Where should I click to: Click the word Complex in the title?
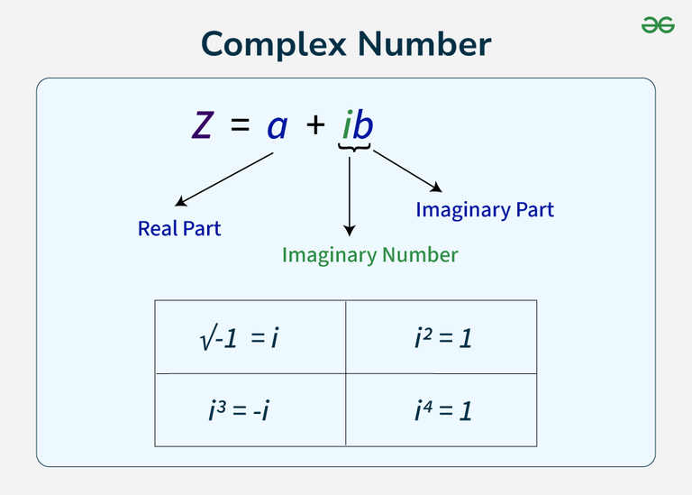(274, 45)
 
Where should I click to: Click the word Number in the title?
(424, 44)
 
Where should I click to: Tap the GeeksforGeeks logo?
(658, 24)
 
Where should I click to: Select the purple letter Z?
(203, 125)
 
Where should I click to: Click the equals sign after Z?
(240, 124)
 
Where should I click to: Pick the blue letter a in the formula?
(278, 127)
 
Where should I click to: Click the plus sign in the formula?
(315, 125)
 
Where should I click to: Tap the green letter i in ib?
(348, 124)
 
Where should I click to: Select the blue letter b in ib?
(364, 124)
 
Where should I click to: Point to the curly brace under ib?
(354, 148)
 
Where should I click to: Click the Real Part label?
(179, 228)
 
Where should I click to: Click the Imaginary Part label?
(485, 210)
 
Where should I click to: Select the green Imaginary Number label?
(369, 256)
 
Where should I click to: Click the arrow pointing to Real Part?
(223, 179)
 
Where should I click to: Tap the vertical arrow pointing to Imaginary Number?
(350, 197)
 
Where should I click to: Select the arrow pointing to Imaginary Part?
(407, 171)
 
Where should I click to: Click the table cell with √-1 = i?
(250, 337)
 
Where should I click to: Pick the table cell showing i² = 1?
(442, 337)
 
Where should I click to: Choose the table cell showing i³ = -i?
(250, 409)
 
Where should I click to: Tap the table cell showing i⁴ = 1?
(442, 409)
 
